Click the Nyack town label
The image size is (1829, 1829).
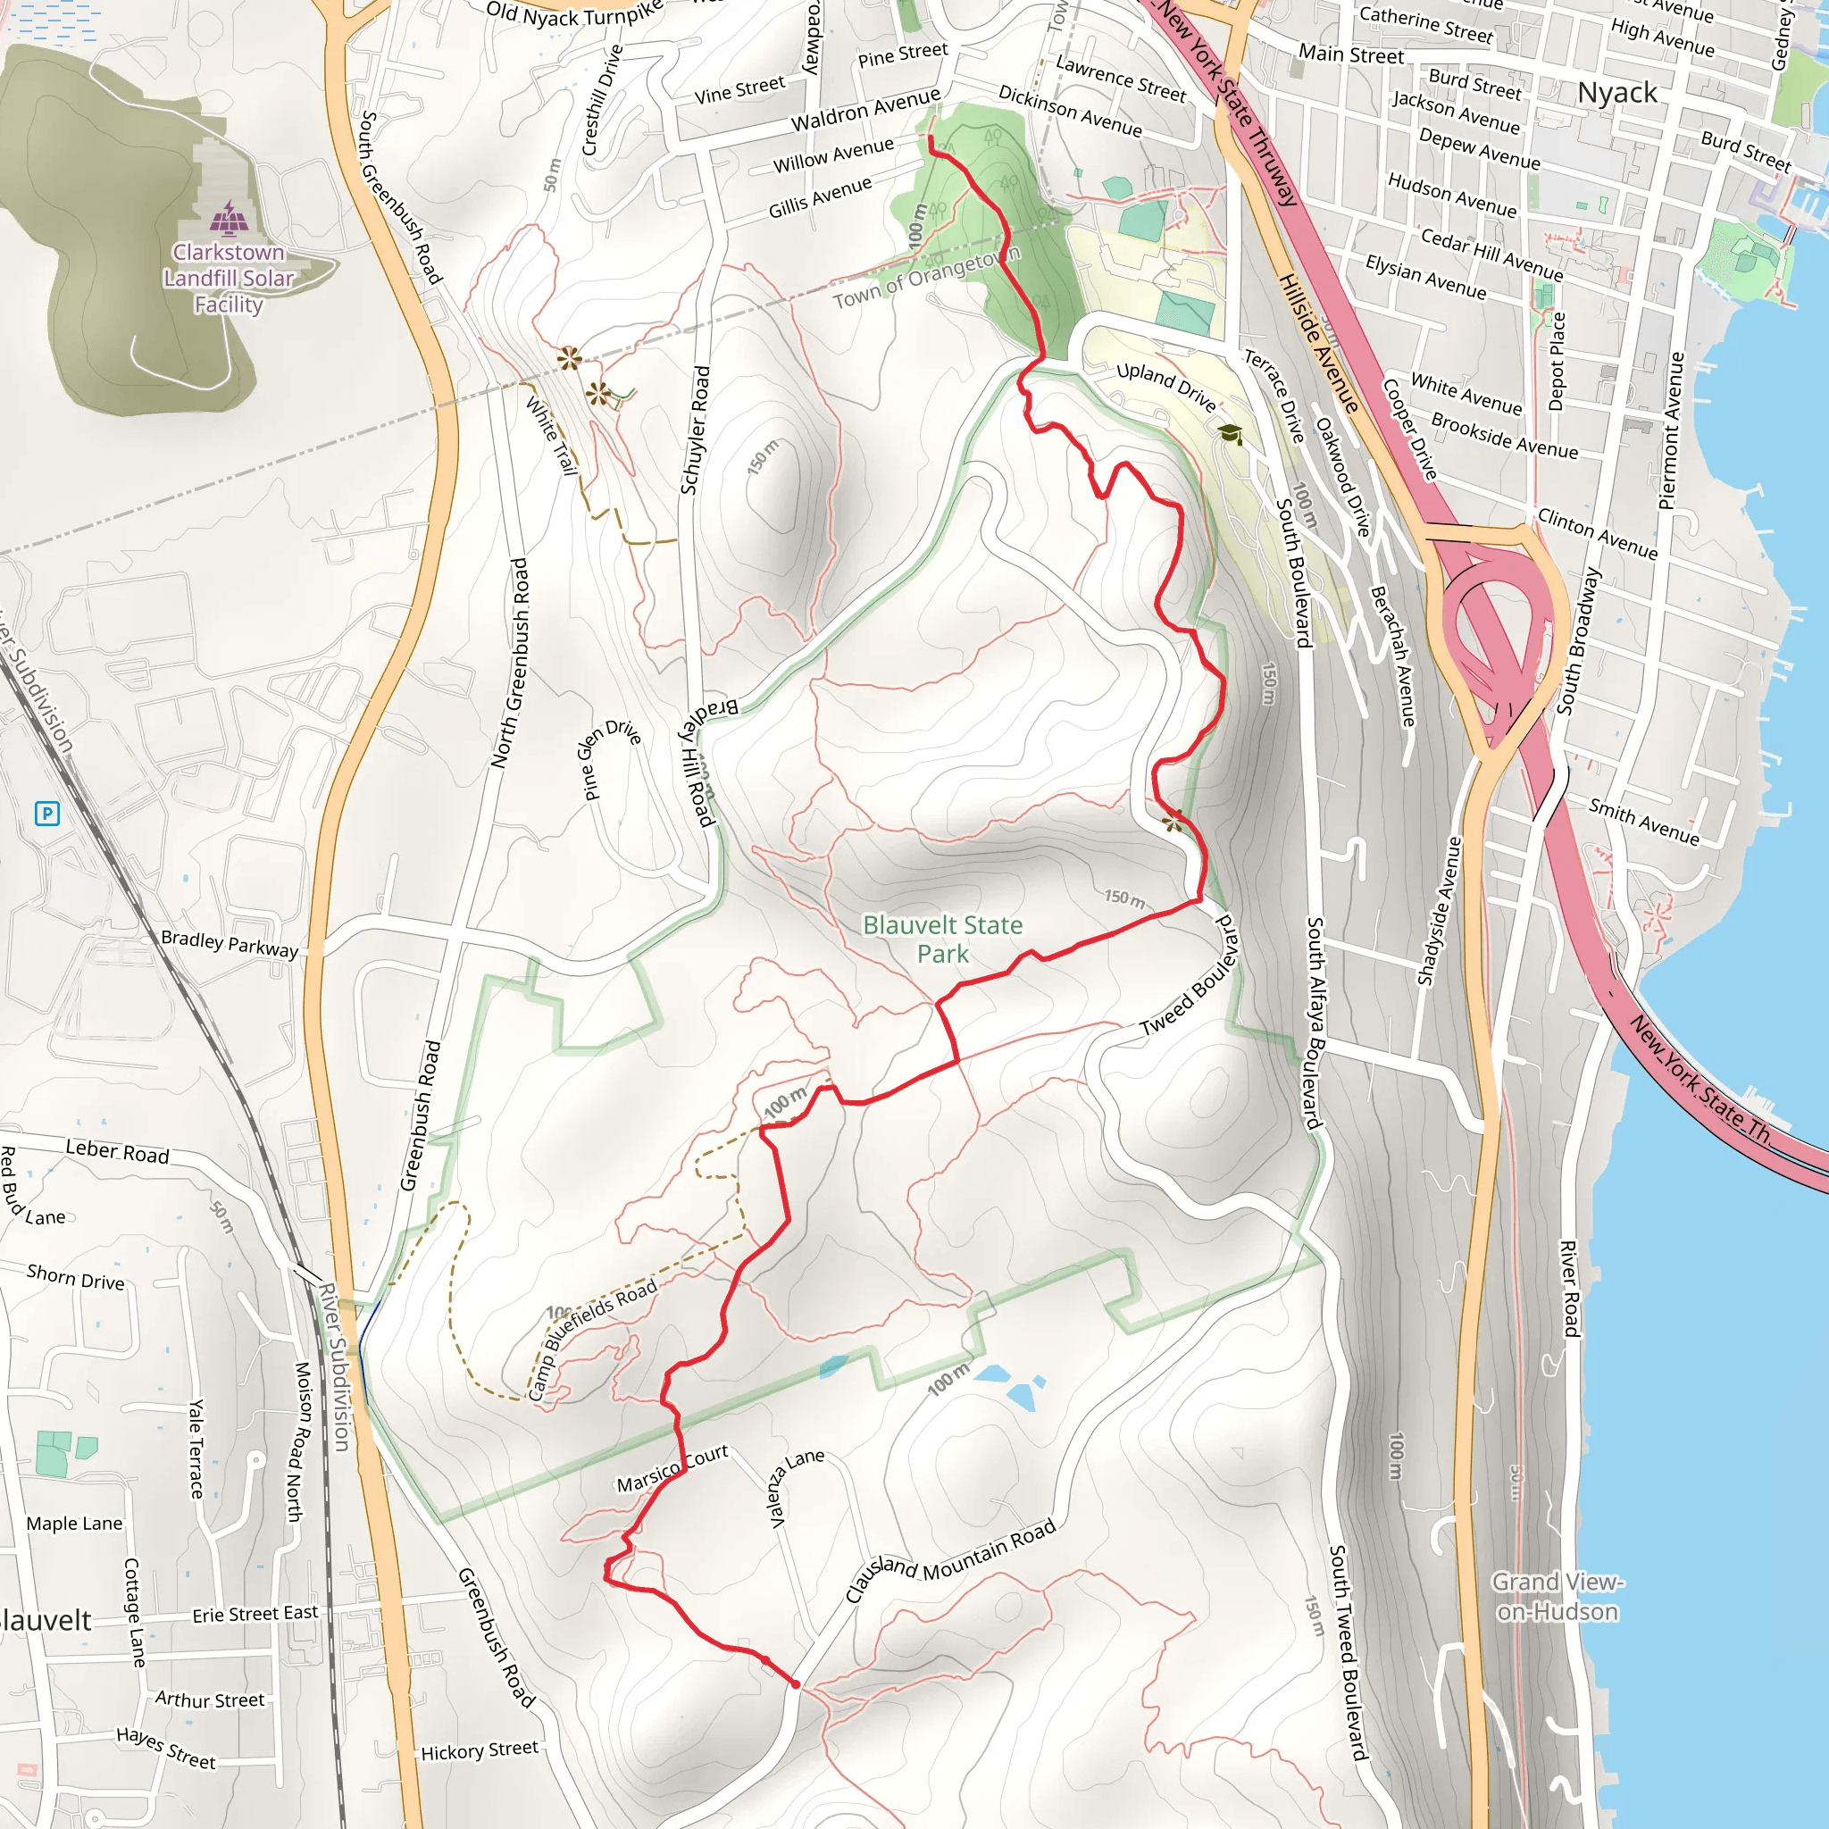tap(1617, 93)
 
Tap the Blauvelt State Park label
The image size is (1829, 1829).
tap(942, 939)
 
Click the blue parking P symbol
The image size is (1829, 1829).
tap(47, 813)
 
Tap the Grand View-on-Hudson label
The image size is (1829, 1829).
tap(1558, 1596)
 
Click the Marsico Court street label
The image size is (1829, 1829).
tap(672, 1468)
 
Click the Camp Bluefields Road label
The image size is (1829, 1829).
tap(592, 1339)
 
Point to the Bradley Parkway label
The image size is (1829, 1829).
tap(230, 944)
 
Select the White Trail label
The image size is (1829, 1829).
tap(552, 435)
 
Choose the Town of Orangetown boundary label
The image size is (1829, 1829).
tap(927, 279)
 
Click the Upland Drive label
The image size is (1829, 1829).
tap(1165, 386)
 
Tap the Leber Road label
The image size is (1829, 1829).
tap(116, 1151)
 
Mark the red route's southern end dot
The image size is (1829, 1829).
tap(795, 1684)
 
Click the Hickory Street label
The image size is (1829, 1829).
tap(479, 1751)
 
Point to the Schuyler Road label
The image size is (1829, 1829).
tap(694, 430)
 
